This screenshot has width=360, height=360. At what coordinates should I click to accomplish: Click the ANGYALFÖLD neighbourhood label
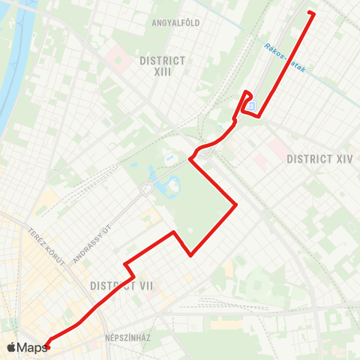point(175,22)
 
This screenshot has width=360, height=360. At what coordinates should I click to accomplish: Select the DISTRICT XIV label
point(319,158)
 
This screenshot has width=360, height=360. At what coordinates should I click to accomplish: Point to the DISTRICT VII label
point(122,286)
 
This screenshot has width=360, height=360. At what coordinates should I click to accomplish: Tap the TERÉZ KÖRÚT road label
point(43,241)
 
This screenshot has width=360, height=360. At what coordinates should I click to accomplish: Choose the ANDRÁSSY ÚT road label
point(91,245)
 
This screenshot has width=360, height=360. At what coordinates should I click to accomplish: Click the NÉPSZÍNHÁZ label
point(128,338)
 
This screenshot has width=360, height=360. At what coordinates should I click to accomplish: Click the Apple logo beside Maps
point(11,347)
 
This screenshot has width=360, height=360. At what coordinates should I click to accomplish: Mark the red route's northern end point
point(310,13)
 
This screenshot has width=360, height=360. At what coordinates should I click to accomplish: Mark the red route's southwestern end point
point(46,346)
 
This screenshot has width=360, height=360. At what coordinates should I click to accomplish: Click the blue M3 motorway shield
point(251,106)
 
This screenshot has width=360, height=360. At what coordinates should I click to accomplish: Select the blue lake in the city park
point(171,183)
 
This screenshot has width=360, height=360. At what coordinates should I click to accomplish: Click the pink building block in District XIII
point(118,57)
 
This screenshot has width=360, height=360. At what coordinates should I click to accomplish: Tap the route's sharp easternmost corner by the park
point(236,203)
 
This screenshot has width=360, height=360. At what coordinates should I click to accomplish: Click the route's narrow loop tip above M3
point(247,92)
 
